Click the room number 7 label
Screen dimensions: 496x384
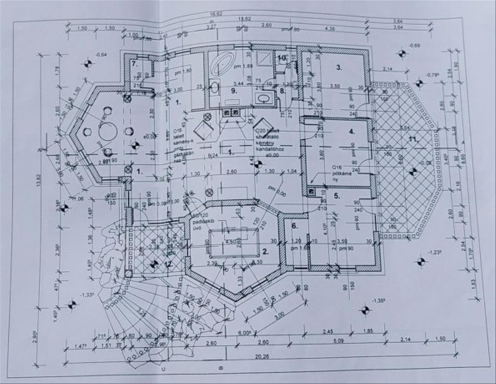(134, 64)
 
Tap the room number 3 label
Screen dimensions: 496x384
(339, 68)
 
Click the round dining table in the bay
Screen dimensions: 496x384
(108, 132)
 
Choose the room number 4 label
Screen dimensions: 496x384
(352, 132)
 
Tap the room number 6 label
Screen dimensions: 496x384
(295, 226)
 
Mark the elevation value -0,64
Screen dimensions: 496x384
(101, 54)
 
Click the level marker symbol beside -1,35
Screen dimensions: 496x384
(365, 310)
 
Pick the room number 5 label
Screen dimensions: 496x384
(336, 196)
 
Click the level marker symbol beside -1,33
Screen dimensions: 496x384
(72, 305)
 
